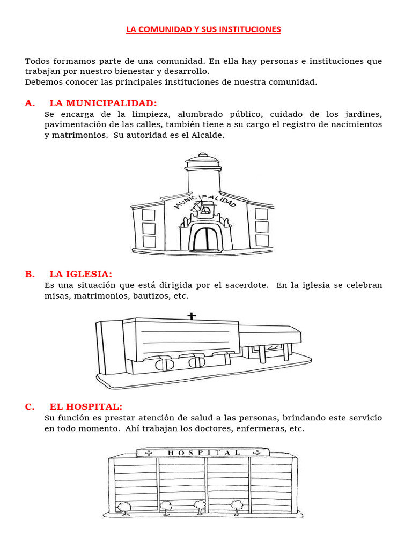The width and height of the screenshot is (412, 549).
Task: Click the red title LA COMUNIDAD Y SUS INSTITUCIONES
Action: coord(203,29)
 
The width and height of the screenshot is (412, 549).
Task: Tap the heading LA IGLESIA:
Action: coord(80,274)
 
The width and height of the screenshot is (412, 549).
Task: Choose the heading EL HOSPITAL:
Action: coord(86,406)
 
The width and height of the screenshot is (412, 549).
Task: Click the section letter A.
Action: coord(29,103)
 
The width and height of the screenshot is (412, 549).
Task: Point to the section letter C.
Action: coord(29,406)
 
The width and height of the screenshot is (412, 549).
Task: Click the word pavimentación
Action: coord(75,124)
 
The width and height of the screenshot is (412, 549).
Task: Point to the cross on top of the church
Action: coord(192,316)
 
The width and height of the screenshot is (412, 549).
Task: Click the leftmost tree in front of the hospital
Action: coord(124,507)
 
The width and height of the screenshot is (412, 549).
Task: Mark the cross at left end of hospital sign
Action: coord(149,452)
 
